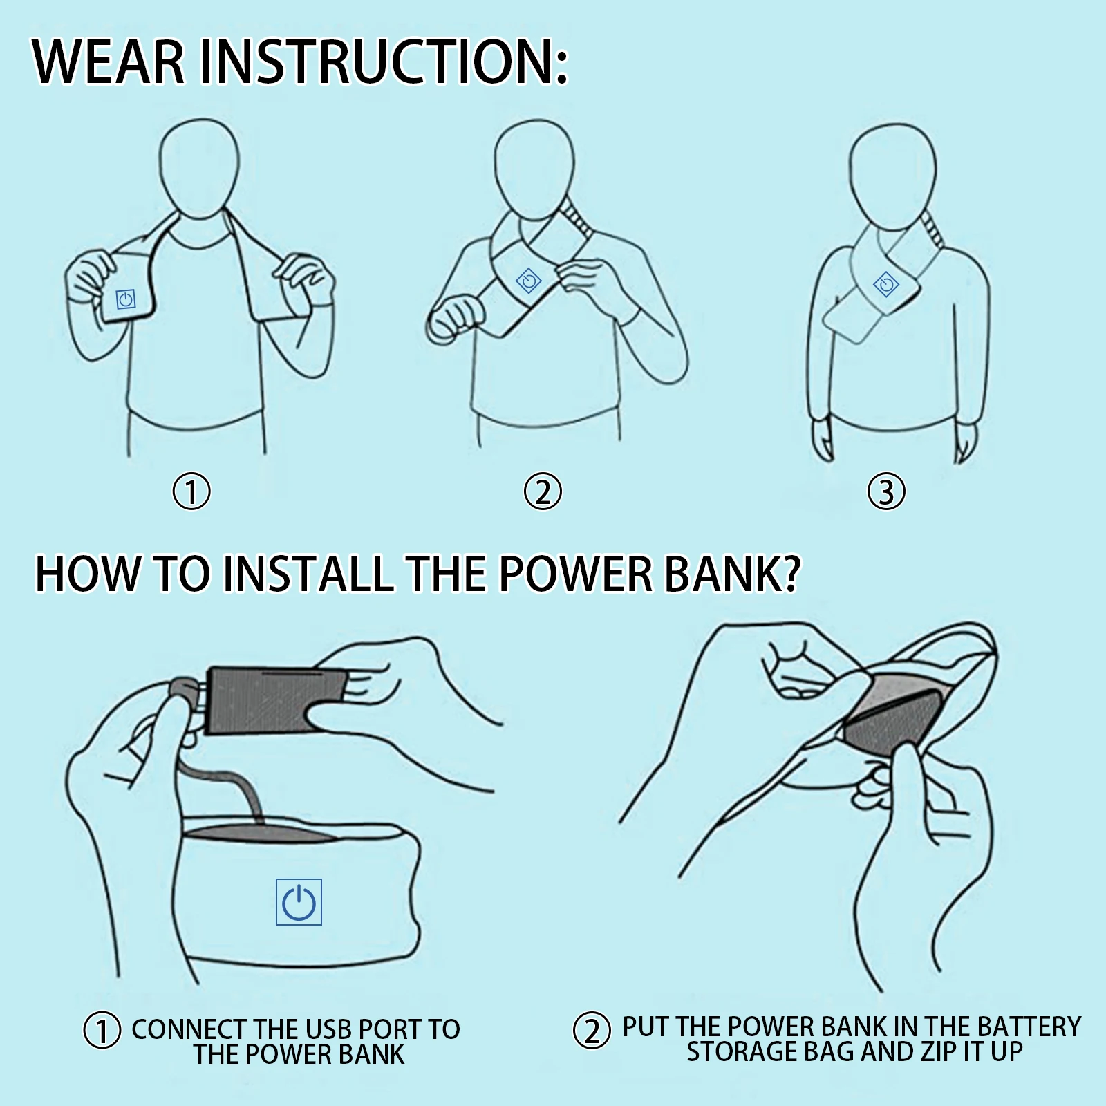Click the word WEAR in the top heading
click(x=109, y=62)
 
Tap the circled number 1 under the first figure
click(x=191, y=492)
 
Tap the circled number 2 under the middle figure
click(x=543, y=492)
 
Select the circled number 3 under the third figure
click(x=886, y=492)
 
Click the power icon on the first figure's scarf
click(x=125, y=299)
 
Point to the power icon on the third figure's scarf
click(x=886, y=284)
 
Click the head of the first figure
click(x=200, y=170)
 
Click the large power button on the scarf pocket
click(x=299, y=902)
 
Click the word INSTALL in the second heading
click(x=308, y=573)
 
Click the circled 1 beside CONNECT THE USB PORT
click(x=102, y=1031)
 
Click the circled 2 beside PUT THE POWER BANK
click(x=592, y=1031)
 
